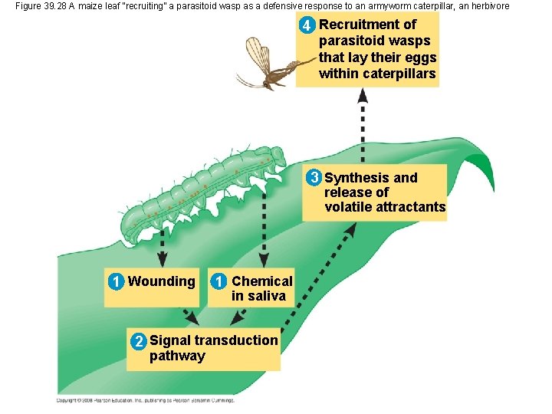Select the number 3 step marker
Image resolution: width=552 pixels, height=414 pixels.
[x=314, y=179]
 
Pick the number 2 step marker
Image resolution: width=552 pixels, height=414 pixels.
[x=137, y=341]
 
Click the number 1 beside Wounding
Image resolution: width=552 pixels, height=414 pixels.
[x=115, y=281]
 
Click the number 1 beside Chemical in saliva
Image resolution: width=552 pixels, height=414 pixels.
[x=219, y=281]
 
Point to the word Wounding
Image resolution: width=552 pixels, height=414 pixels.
[x=162, y=281]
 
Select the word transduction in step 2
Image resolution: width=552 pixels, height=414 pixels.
[x=236, y=340]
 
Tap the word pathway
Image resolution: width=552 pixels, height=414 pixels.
[x=177, y=356]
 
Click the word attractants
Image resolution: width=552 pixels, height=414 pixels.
[x=406, y=207]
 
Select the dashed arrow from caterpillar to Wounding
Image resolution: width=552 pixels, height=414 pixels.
[x=163, y=245]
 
